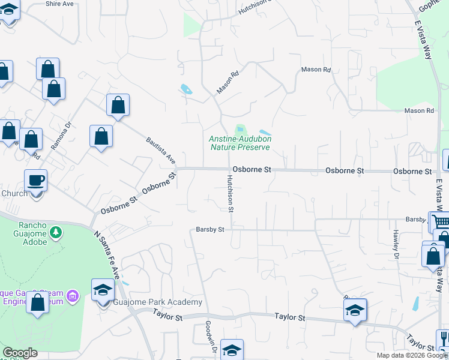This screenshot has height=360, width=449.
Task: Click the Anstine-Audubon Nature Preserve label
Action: coord(240,143)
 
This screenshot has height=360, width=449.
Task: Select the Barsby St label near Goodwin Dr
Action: coord(209,229)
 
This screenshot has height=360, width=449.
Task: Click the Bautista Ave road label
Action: coord(161,151)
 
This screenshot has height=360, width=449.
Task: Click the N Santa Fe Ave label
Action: coord(107,255)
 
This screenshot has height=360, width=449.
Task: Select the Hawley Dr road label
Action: coord(396,244)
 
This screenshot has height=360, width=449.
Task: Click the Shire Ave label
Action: coord(60,4)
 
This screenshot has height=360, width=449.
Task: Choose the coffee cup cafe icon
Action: coord(36,180)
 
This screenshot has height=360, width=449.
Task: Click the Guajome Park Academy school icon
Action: coord(103,290)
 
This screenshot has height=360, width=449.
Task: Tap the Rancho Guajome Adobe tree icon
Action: coord(55,232)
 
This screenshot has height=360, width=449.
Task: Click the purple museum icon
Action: coord(73,295)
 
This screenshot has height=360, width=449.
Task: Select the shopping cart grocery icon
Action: coord(439,221)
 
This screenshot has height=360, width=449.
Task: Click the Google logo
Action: coord(19,353)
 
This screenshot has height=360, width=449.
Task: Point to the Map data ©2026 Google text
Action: coord(411,355)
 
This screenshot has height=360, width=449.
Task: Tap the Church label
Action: coord(14,193)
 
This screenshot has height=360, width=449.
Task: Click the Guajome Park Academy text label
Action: coord(158,302)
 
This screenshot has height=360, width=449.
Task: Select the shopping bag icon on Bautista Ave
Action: coord(118,105)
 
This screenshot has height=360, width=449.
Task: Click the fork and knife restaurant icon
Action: coord(444,339)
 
